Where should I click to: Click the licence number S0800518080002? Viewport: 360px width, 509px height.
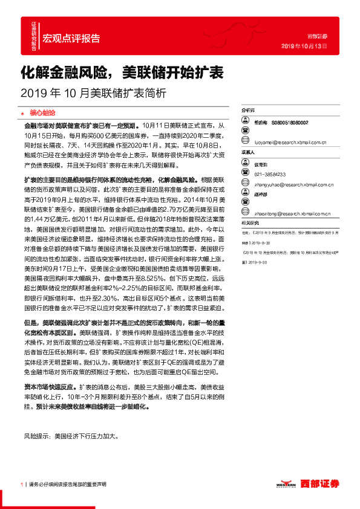(x=289, y=122)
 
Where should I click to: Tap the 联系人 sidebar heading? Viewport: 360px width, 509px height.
(x=249, y=153)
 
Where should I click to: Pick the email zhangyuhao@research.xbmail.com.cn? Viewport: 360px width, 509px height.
(x=295, y=184)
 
